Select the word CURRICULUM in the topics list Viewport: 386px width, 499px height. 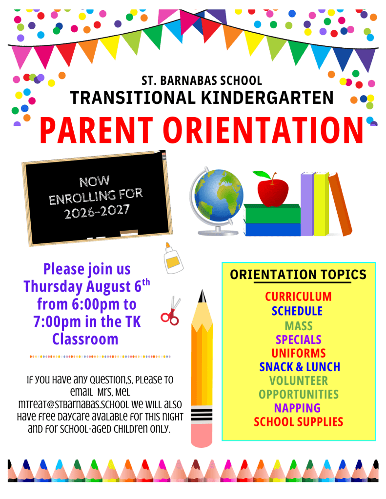coord(299,297)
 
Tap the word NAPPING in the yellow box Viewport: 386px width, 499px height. coord(298,408)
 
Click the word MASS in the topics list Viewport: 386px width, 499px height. coord(299,326)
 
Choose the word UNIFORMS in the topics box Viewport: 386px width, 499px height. coord(299,353)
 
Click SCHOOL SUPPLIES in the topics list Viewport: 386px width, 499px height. coord(299,422)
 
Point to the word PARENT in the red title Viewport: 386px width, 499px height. coord(97,130)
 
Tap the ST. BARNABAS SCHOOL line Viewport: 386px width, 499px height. coord(202,80)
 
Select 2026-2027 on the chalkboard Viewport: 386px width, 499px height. coord(97,211)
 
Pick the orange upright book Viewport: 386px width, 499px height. coord(340,204)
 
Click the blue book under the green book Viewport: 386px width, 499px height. coord(272,229)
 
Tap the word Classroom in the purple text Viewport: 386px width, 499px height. coord(85,339)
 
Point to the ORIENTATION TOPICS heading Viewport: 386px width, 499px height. coord(299,275)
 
